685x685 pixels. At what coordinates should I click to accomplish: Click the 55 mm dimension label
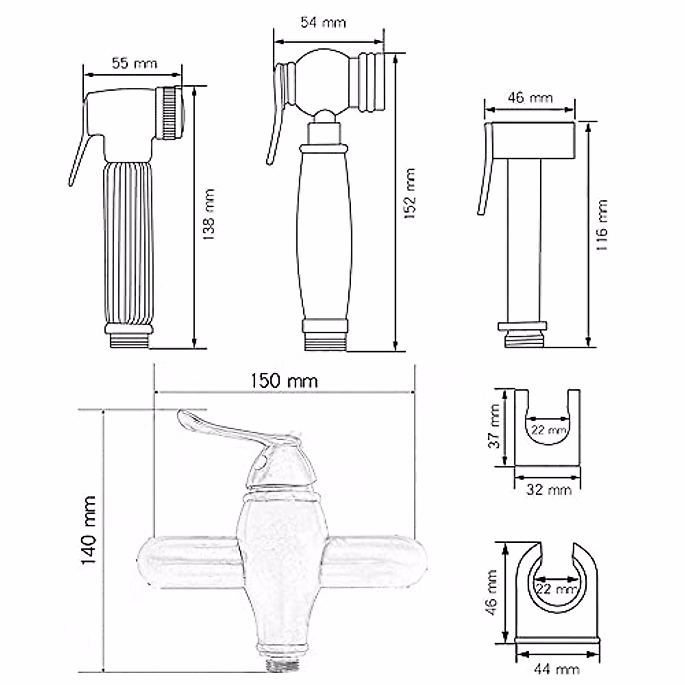[x=134, y=63]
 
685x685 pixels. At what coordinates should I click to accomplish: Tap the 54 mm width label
[x=323, y=23]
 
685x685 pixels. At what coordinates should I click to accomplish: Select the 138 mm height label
[x=209, y=215]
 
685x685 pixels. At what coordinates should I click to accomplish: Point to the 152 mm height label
[x=410, y=194]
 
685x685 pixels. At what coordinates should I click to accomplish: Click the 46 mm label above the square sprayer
[x=530, y=98]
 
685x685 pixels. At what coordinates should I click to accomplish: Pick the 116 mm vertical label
[x=602, y=225]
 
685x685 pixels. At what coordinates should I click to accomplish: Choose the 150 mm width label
[x=284, y=381]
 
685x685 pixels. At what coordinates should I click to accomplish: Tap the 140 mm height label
[x=88, y=530]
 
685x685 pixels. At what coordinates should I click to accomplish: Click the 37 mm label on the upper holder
[x=494, y=426]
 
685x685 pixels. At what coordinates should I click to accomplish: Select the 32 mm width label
[x=549, y=490]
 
